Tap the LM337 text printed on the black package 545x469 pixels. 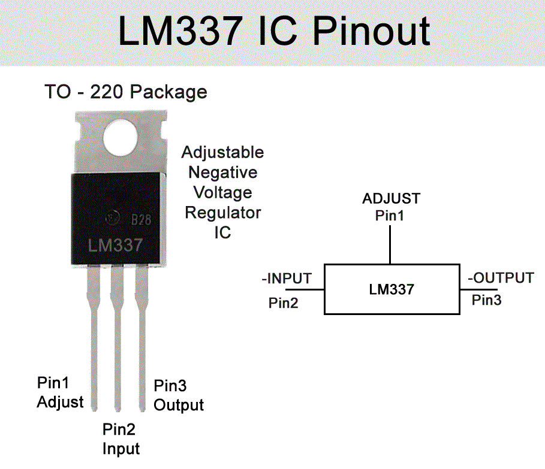[x=115, y=245]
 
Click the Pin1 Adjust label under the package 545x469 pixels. [x=60, y=392]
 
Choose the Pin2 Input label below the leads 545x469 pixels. [x=121, y=438]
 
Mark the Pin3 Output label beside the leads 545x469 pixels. [x=179, y=395]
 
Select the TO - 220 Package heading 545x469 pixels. [x=125, y=92]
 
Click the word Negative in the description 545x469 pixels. [x=222, y=173]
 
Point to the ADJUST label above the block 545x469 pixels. [x=391, y=198]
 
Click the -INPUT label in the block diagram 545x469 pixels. [x=287, y=279]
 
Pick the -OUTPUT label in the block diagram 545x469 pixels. [x=500, y=278]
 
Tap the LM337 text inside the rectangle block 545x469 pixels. [x=391, y=289]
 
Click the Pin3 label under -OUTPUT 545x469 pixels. [x=486, y=300]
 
